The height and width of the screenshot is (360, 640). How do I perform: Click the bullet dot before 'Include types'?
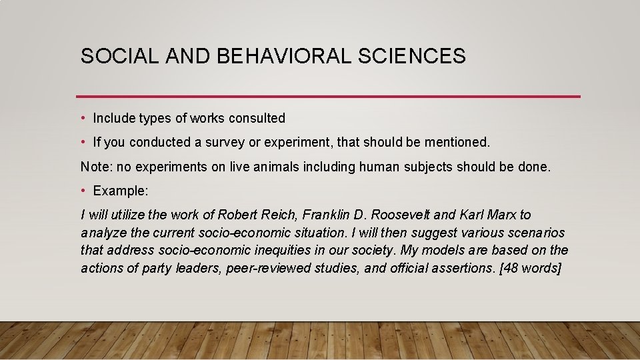[x=83, y=119]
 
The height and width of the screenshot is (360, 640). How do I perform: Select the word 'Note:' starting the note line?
[x=97, y=167]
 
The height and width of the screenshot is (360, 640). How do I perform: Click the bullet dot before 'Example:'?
[x=83, y=191]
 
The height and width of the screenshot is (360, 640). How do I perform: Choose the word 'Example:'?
[x=121, y=191]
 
